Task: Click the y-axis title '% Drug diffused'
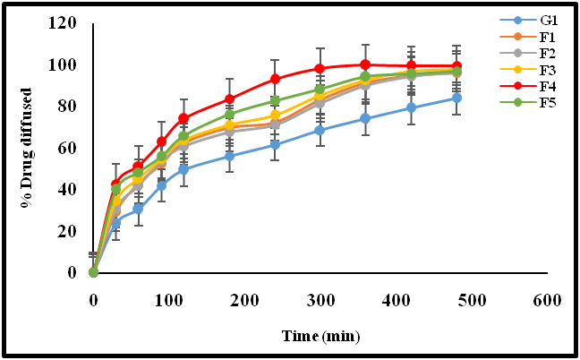pos(30,149)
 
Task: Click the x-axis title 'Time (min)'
pos(320,338)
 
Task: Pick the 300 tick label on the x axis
pos(320,301)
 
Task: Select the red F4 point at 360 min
pos(365,64)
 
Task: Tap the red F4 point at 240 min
pos(275,79)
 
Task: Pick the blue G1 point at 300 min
pos(320,130)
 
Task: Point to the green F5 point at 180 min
pos(229,115)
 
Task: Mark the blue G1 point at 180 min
pos(229,156)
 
